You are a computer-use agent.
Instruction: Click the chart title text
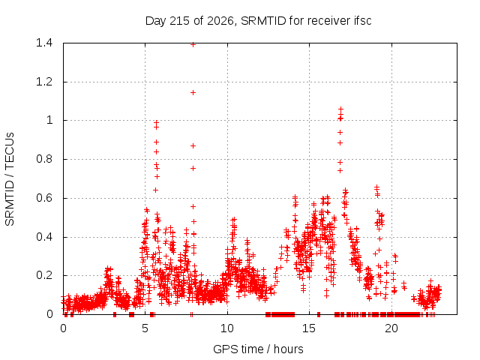tap(258, 21)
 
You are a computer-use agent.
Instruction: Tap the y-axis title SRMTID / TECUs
tap(10, 179)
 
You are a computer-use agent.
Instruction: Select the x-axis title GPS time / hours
tap(258, 349)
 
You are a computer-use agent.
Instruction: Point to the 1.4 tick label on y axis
tap(44, 43)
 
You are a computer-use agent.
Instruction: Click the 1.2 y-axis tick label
tap(44, 82)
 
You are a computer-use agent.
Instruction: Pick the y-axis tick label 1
tap(49, 120)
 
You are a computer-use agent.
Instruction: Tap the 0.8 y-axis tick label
tap(44, 159)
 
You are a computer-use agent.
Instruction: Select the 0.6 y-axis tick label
tap(44, 198)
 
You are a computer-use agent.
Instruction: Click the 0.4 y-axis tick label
tap(44, 237)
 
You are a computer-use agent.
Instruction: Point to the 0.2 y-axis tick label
tap(44, 275)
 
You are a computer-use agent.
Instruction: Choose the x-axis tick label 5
tap(145, 328)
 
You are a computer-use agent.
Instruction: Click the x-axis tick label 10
tap(227, 328)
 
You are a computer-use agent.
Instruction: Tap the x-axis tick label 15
tap(309, 328)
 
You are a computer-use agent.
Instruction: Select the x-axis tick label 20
tap(391, 328)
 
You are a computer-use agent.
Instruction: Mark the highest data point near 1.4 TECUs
tap(193, 45)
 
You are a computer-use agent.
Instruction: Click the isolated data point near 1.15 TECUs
tap(193, 93)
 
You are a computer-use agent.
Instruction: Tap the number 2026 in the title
tap(220, 21)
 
